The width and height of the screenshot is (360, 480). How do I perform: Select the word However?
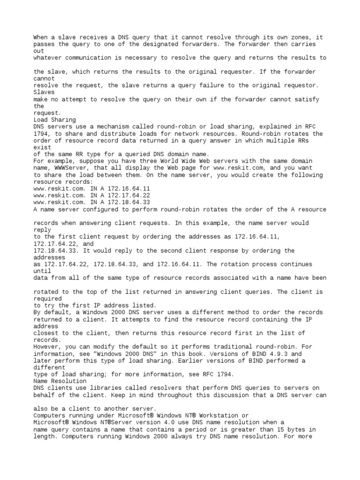[49, 346]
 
